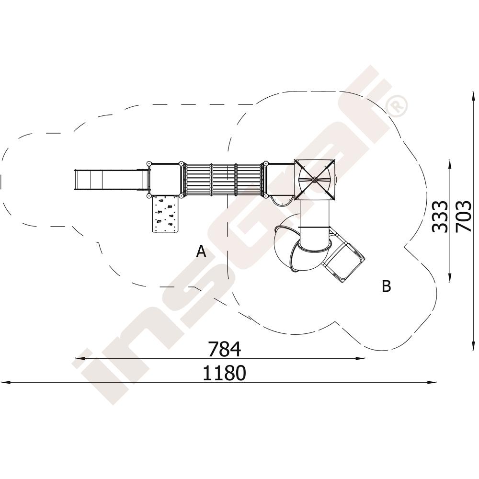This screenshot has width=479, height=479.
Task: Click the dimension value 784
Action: tap(224, 349)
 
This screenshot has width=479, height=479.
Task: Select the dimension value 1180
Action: tap(224, 373)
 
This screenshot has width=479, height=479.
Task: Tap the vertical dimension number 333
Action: tap(440, 217)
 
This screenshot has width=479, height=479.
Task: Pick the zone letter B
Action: tap(386, 286)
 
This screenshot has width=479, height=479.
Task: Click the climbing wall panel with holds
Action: tap(165, 214)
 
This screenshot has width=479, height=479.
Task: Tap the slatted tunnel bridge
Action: tap(224, 179)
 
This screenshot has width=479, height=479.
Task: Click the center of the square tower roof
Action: tap(314, 179)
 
